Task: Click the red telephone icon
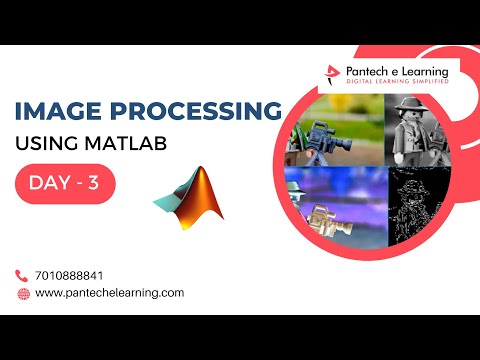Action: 23,275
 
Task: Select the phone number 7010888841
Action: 70,275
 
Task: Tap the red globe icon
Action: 23,293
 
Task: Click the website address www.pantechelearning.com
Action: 110,293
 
